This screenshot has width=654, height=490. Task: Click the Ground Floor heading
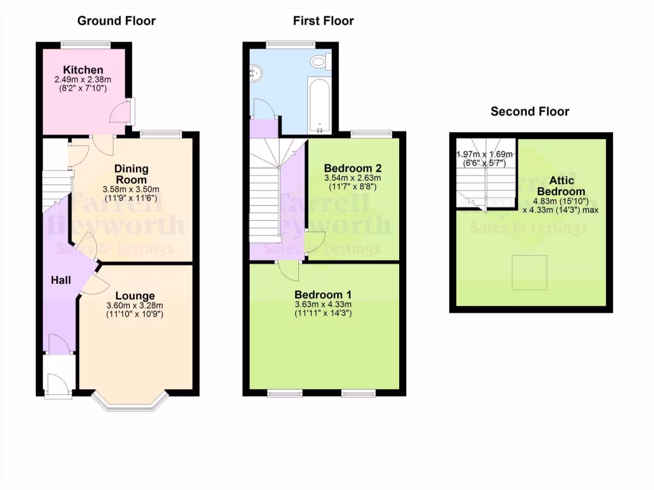tap(116, 20)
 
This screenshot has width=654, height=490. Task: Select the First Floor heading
tap(323, 20)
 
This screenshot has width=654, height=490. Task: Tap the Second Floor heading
tap(529, 112)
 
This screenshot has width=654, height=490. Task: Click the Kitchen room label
tap(83, 70)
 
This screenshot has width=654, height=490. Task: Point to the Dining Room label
tap(132, 174)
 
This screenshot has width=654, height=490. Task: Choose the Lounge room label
tap(135, 296)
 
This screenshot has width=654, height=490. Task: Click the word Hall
tap(61, 280)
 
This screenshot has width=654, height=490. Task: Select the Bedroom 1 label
tap(323, 295)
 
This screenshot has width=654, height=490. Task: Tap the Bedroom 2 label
tap(353, 168)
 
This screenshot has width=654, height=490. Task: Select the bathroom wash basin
tap(257, 75)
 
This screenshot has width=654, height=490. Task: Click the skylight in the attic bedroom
tap(530, 272)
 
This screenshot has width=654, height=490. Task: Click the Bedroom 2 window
tap(370, 133)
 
